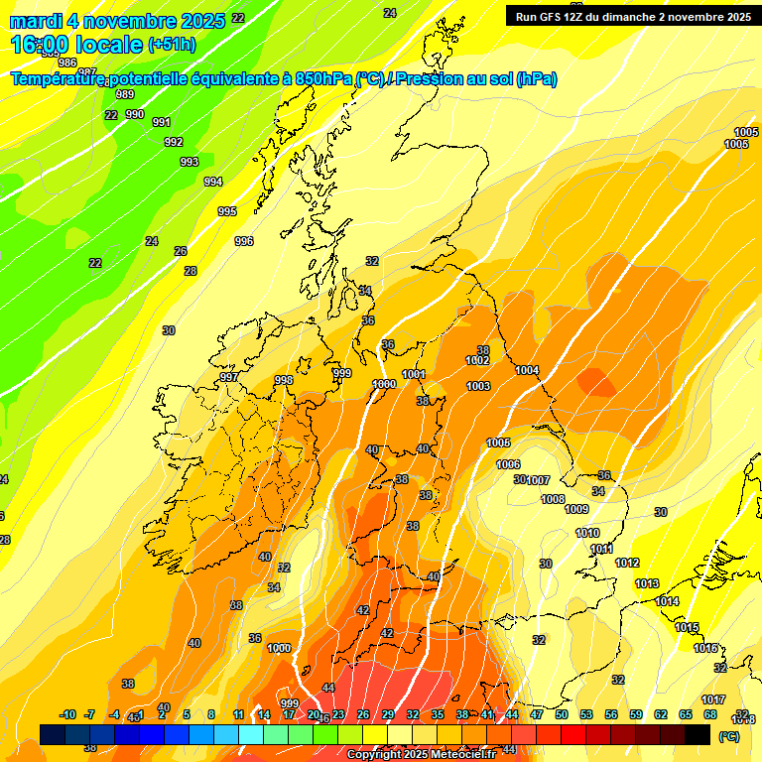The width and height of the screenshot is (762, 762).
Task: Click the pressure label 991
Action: [x=162, y=122]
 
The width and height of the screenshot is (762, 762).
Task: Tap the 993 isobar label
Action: [x=189, y=162]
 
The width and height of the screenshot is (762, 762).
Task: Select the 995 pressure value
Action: [x=227, y=211]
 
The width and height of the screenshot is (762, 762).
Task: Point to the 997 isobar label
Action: [x=229, y=377]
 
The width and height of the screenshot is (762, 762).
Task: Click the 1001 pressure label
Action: [x=414, y=374]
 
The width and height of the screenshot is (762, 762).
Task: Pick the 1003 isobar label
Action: [x=478, y=386]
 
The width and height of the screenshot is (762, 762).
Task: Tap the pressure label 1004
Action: [x=527, y=370]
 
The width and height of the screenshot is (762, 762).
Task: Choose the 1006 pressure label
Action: [x=508, y=464]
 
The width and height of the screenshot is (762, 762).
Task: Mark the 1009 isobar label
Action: [x=576, y=509]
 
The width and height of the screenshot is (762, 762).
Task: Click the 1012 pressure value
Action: [x=627, y=563]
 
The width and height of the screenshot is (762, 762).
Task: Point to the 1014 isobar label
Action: [x=667, y=601]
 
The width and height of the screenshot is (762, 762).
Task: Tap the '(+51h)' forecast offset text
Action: [x=172, y=44]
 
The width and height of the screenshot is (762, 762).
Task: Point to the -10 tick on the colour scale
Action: [x=67, y=714]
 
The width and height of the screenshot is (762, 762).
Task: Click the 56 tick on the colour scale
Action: [x=611, y=714]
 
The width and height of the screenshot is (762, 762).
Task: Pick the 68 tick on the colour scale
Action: [x=710, y=714]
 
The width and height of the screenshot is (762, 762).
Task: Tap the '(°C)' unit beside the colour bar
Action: [x=729, y=736]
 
